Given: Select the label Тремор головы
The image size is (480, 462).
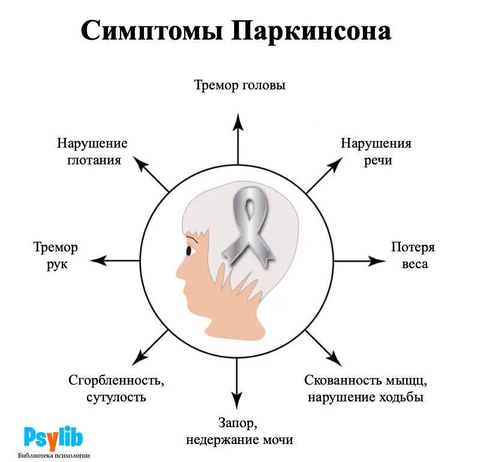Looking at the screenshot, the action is click(239, 85).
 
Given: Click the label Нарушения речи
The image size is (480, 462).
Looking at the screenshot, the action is click(376, 152).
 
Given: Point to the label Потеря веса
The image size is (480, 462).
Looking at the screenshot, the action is click(413, 255).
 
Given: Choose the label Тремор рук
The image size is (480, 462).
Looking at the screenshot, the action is click(56, 255).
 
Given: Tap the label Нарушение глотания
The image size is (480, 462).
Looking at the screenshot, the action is click(92, 152).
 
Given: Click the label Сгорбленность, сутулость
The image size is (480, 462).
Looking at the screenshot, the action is click(116, 388).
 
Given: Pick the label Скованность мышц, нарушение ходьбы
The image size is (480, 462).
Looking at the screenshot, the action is click(365, 388).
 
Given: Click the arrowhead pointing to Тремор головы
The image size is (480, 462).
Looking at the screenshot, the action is click(238, 121).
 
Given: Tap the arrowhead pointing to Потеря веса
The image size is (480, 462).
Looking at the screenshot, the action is click(379, 261).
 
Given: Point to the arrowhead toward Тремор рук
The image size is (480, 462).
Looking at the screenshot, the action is click(98, 261).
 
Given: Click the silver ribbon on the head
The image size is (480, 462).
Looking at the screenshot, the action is click(247, 225).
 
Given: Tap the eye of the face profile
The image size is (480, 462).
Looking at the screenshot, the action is click(189, 251).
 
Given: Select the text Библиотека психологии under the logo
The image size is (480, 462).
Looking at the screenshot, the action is click(54, 455).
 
